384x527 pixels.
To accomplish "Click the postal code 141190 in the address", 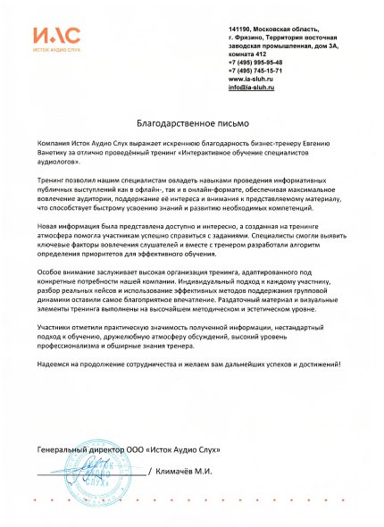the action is point(241,30).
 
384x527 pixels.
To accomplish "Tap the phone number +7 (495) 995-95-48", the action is point(256,63).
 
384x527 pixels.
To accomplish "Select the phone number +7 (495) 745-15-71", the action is point(256,71).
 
